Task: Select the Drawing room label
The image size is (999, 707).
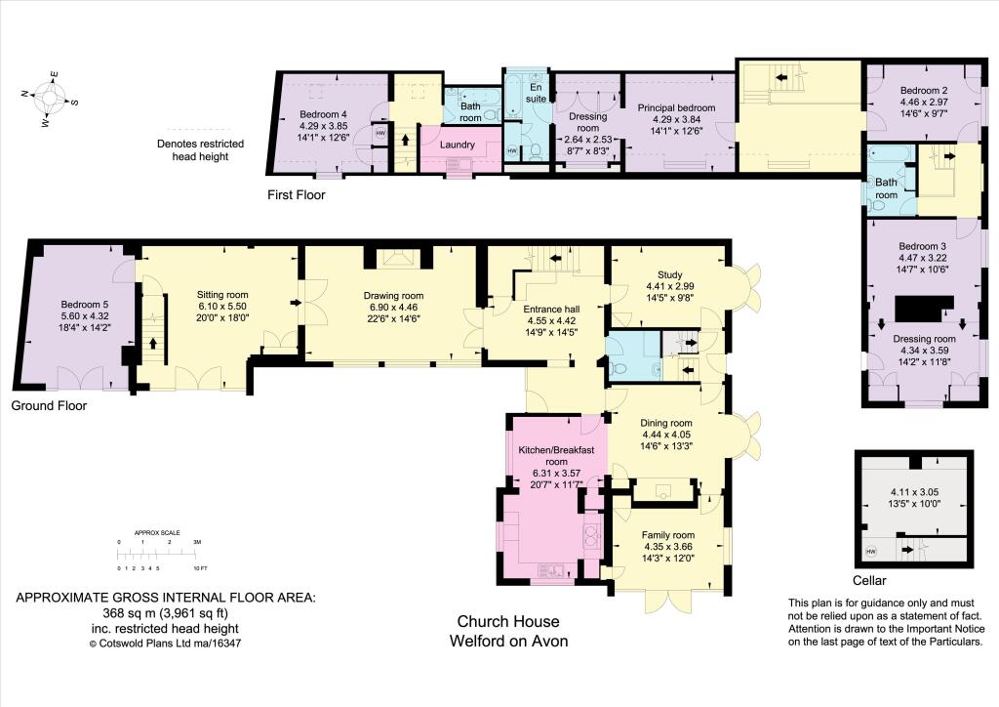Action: (393, 296)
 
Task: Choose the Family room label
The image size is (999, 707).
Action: (668, 535)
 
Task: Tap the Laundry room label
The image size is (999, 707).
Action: (458, 146)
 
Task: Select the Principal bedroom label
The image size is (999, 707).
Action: (677, 107)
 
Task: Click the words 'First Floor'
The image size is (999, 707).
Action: (297, 195)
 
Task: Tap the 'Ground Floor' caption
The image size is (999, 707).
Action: (49, 405)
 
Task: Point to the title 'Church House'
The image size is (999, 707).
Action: (507, 622)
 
